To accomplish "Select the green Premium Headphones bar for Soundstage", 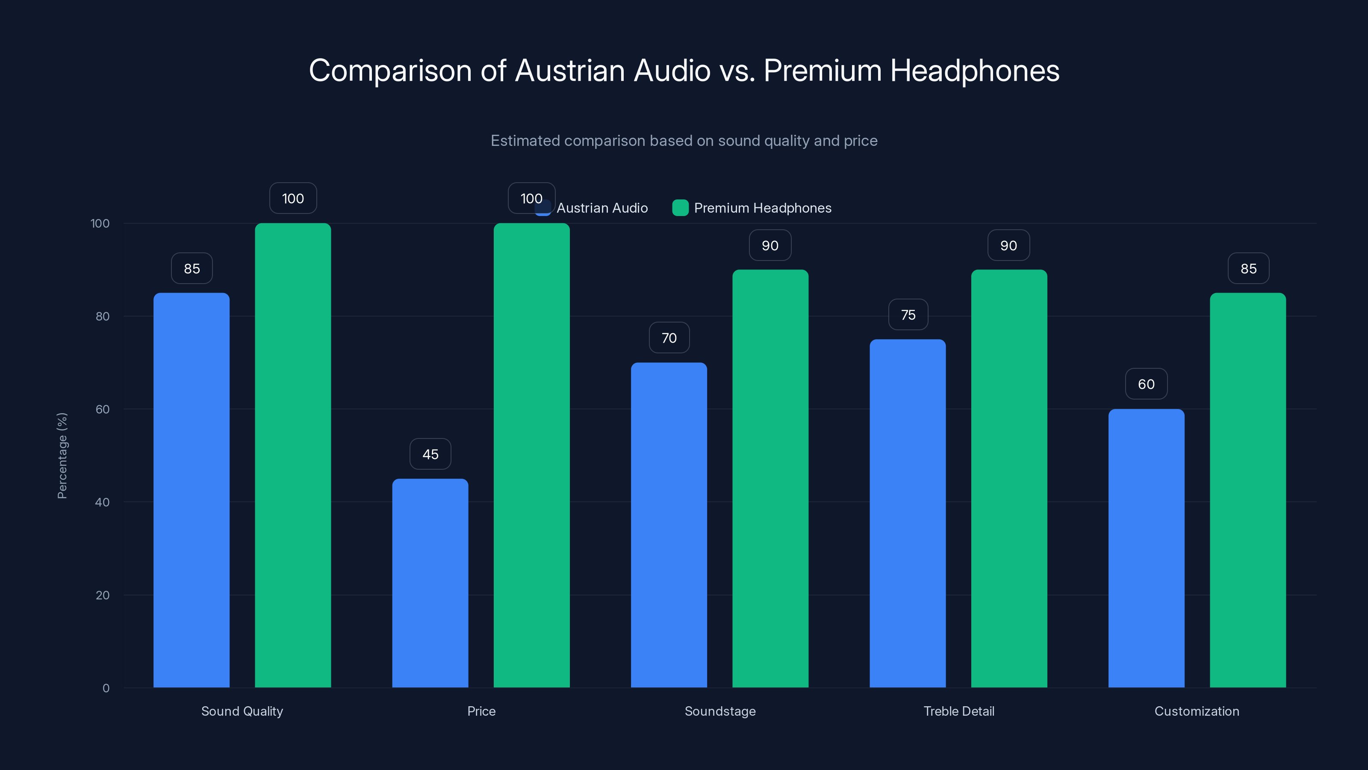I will (770, 478).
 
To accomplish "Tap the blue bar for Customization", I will (1146, 548).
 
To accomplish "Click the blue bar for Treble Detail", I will (908, 513).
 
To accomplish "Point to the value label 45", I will (430, 454).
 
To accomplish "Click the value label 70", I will (669, 338).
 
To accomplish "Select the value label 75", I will (908, 314).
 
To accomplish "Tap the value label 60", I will (1146, 384).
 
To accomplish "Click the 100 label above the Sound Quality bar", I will (292, 198).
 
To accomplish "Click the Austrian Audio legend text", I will (601, 208).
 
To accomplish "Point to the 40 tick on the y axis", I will (102, 502).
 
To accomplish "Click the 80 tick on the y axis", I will (102, 316).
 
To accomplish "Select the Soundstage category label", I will (719, 711).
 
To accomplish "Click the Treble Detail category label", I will (958, 711).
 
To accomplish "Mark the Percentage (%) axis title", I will (62, 456).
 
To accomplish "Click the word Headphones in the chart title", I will (975, 71).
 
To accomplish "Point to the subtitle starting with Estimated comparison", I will (684, 141).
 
